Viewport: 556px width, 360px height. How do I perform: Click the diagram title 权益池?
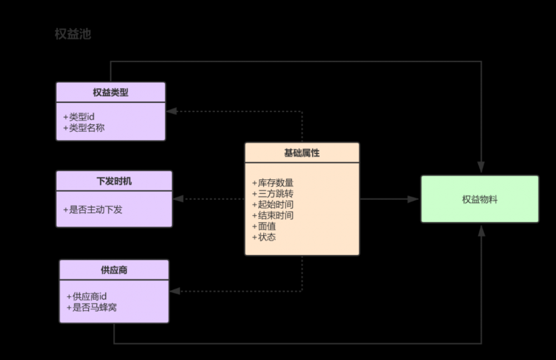tap(73, 34)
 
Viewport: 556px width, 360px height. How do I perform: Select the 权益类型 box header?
tap(111, 93)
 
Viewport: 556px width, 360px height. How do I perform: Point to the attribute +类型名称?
tap(84, 127)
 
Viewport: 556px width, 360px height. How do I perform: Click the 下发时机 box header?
tap(114, 181)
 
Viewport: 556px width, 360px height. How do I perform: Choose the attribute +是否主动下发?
tap(93, 210)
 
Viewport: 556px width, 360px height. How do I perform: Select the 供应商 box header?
tap(114, 270)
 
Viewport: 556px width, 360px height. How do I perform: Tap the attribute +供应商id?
tap(86, 296)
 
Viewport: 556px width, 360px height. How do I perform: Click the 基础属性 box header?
tap(302, 153)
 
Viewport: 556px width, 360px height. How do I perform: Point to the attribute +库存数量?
tap(272, 183)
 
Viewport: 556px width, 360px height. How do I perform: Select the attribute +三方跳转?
tap(272, 194)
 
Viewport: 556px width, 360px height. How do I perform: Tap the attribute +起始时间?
tap(272, 204)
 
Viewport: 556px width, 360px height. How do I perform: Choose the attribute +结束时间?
tap(272, 215)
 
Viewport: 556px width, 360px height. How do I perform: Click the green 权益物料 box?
tap(479, 199)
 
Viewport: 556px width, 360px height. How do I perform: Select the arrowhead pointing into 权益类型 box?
tap(172, 111)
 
